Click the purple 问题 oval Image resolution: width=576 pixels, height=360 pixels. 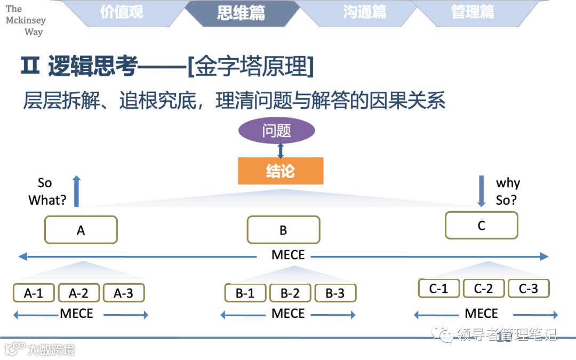[x=276, y=131]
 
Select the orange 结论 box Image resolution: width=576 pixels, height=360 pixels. [x=281, y=171]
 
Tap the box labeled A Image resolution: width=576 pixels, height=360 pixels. [x=81, y=230]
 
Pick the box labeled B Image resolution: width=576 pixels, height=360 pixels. [x=283, y=230]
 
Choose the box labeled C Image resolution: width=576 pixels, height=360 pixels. [x=481, y=225]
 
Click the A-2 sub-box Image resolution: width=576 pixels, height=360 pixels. [x=78, y=293]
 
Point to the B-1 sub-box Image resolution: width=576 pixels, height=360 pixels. [x=245, y=293]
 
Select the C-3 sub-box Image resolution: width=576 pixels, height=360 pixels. [x=528, y=288]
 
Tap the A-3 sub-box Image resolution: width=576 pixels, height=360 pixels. [x=124, y=293]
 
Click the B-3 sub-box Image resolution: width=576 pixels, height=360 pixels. [x=335, y=293]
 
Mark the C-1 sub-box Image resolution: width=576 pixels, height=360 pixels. [x=438, y=288]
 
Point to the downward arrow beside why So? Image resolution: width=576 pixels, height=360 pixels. [x=481, y=191]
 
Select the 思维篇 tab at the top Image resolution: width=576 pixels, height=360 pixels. [x=241, y=12]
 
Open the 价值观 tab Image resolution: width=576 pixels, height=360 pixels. [x=122, y=12]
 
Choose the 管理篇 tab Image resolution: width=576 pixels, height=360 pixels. [x=473, y=12]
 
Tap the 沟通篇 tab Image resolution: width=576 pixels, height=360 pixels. [x=365, y=12]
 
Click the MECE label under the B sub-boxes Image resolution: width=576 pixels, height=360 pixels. [x=288, y=314]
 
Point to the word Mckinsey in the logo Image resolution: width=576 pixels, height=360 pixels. [x=26, y=20]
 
